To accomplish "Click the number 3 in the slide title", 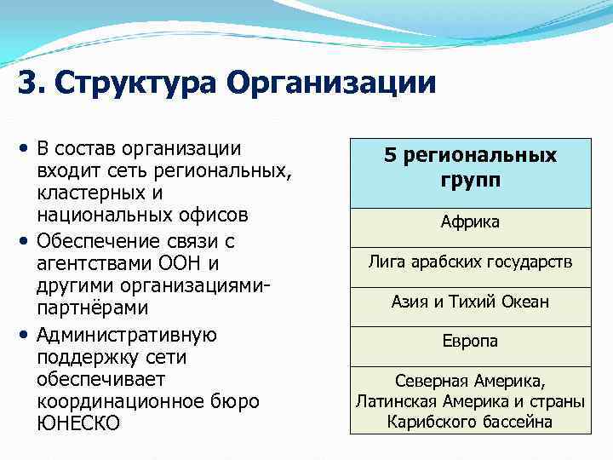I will (26, 84).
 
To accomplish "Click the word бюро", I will (237, 400).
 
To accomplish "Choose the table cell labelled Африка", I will (470, 222).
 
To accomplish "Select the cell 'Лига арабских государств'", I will (470, 262).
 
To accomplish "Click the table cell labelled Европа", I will (470, 341).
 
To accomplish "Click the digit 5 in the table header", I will (390, 155).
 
